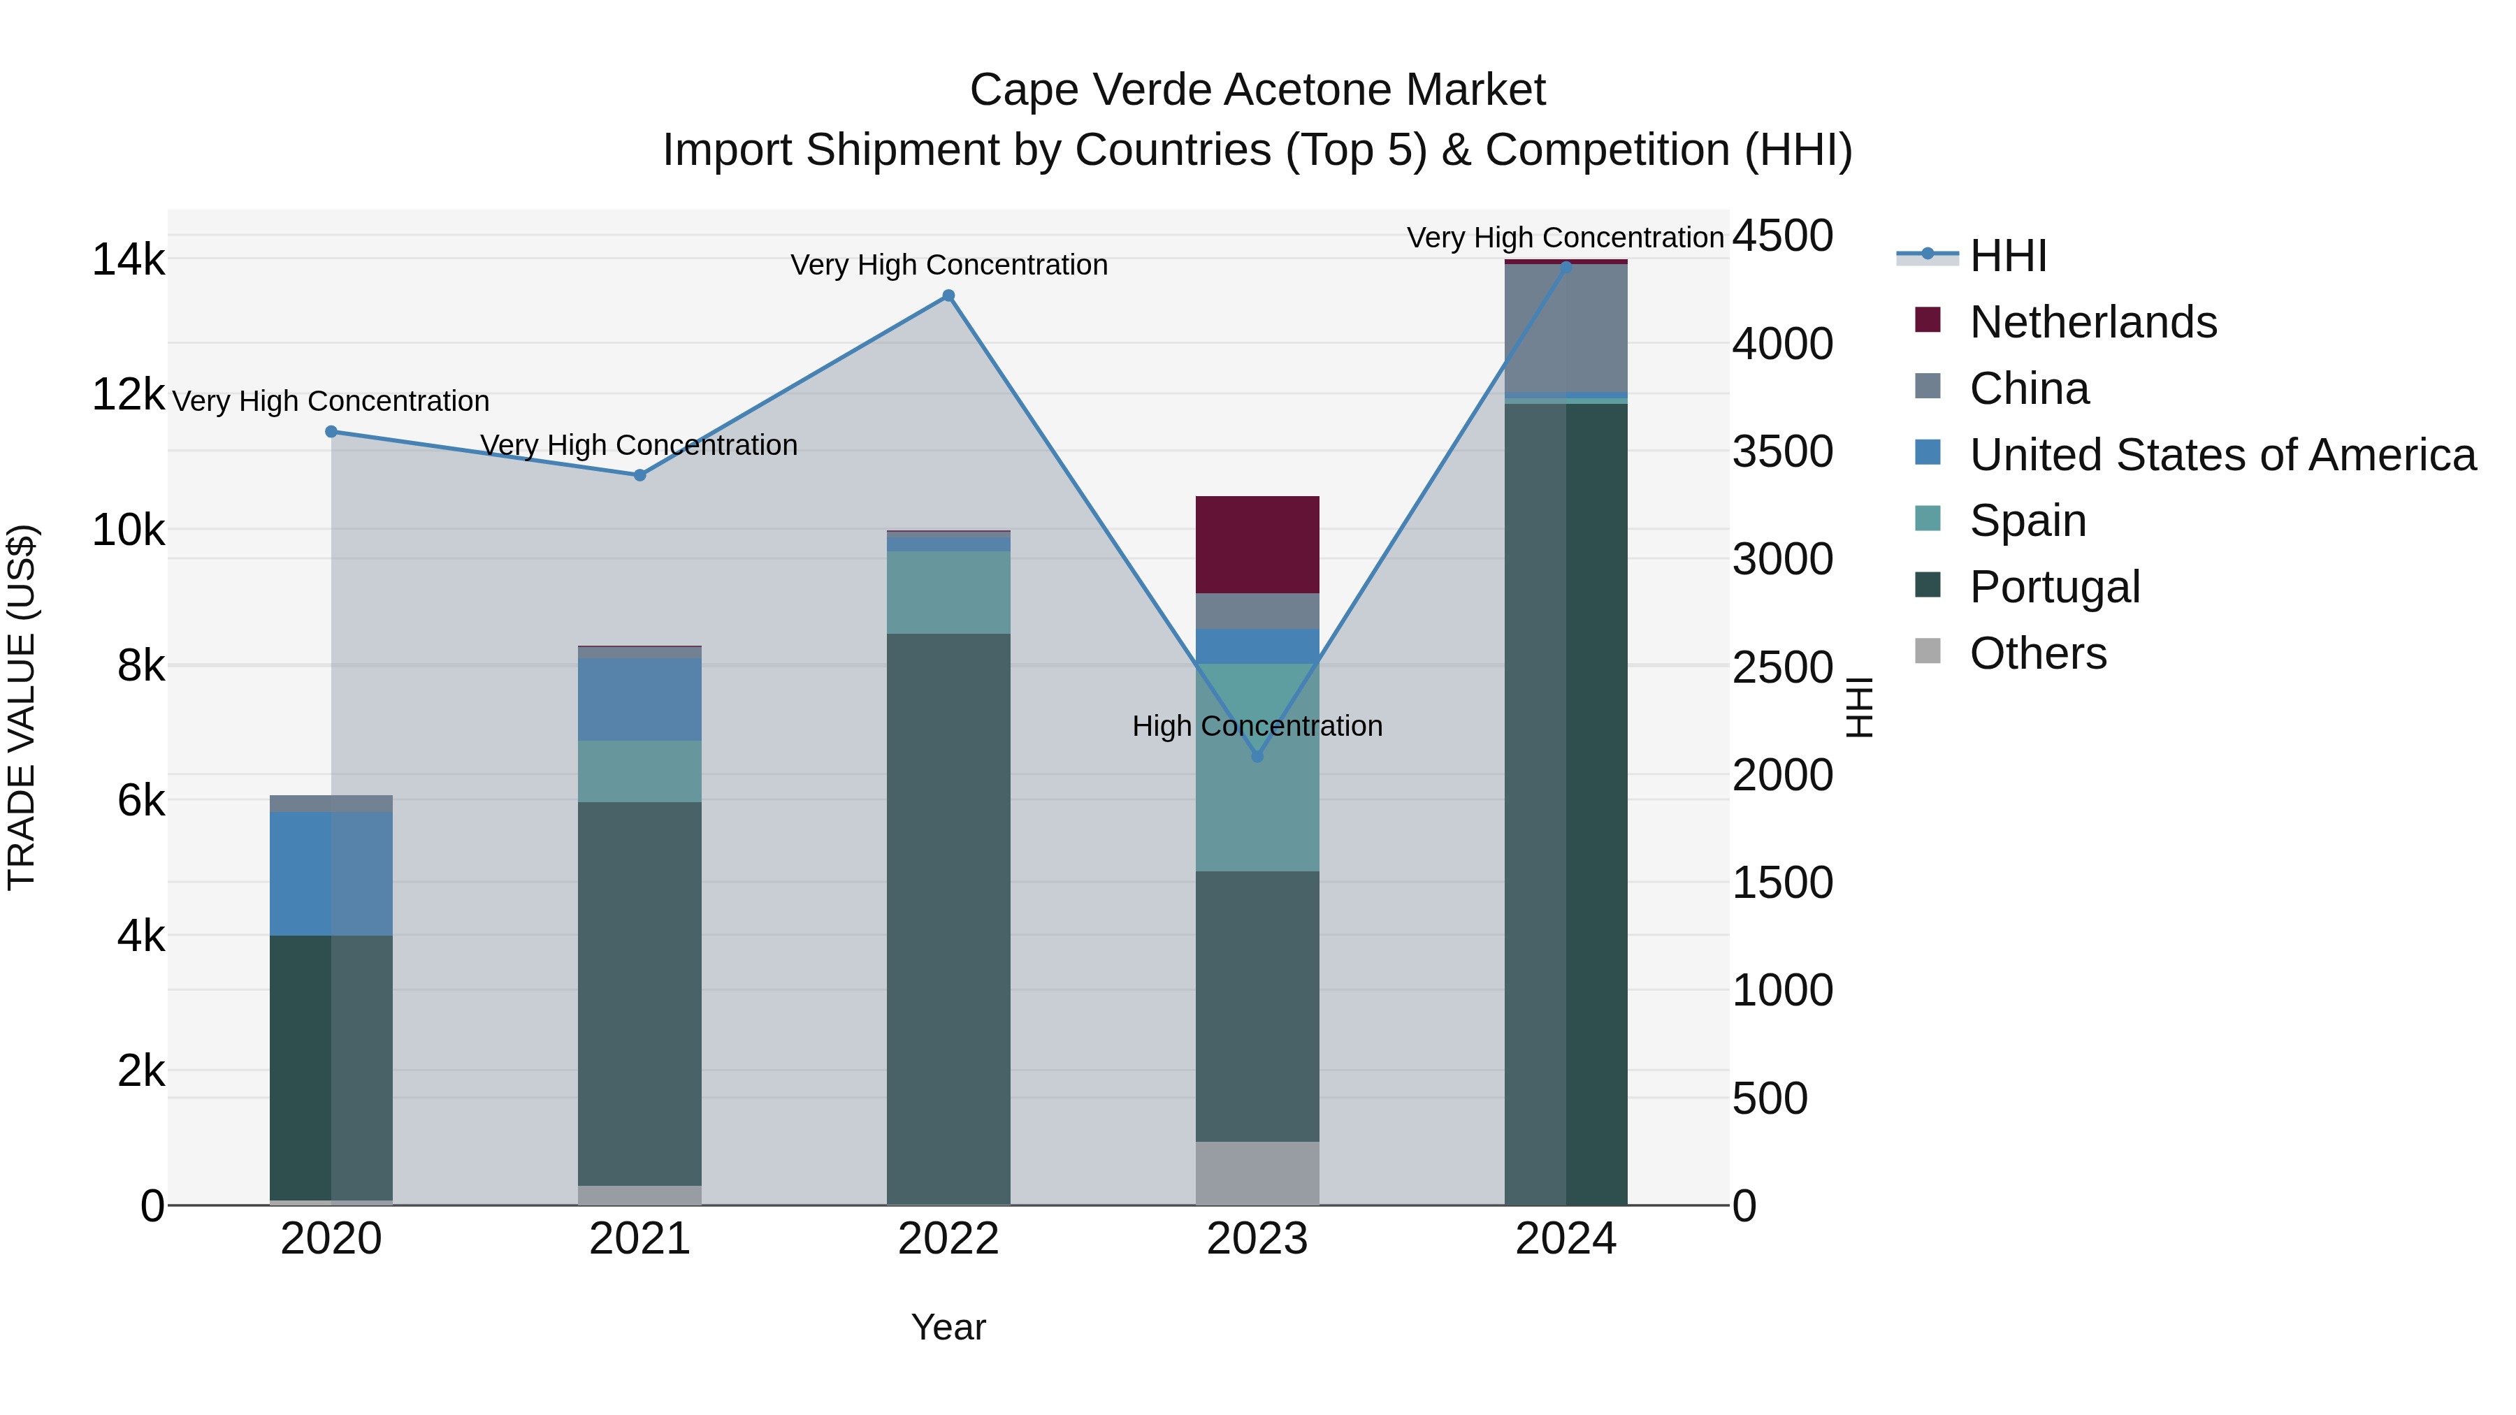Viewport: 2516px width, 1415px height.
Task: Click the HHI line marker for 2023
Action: click(x=1257, y=756)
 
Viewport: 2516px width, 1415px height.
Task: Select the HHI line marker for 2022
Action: click(x=948, y=296)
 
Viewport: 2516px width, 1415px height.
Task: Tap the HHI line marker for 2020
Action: click(x=331, y=432)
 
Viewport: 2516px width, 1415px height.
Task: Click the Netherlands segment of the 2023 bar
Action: click(x=1257, y=545)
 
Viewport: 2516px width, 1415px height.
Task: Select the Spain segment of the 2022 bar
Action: click(x=948, y=593)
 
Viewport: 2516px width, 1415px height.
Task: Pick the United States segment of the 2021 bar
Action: click(x=639, y=699)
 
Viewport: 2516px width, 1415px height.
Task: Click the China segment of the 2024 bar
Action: click(x=1566, y=328)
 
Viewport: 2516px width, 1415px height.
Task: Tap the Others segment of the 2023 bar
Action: click(x=1257, y=1173)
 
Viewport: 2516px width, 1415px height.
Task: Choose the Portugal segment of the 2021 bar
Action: click(x=639, y=993)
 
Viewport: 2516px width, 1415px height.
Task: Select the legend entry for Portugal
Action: click(x=2054, y=587)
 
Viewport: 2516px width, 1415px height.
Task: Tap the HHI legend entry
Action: click(x=2007, y=256)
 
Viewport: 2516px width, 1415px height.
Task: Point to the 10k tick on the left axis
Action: click(x=128, y=531)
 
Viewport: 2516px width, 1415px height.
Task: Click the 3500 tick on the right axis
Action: click(x=1782, y=452)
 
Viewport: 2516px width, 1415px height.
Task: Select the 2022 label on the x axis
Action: click(x=948, y=1239)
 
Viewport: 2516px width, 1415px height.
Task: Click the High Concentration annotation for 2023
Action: click(x=1257, y=727)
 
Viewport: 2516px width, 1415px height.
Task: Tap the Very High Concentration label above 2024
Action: click(x=1565, y=238)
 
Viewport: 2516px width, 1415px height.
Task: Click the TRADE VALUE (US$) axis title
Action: click(x=22, y=707)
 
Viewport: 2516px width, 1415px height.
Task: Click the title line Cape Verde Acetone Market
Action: click(x=1257, y=90)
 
